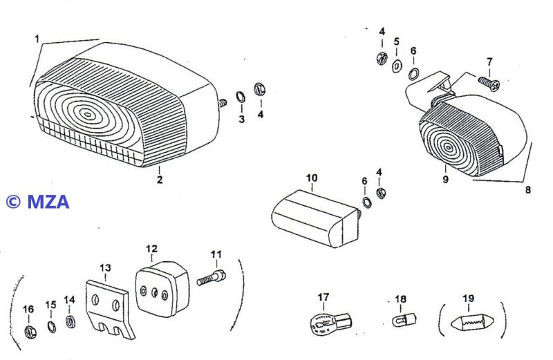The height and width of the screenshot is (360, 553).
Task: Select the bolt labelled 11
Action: pos(211,279)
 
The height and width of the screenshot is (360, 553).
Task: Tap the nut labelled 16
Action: pos(28,331)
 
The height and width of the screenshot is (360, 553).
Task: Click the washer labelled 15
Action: pos(50,326)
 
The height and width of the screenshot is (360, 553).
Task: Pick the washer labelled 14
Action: pos(70,322)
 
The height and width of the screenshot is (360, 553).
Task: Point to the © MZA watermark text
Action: pos(38,202)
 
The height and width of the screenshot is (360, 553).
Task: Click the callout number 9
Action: pos(446,180)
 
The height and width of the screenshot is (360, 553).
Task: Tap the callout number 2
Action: pos(160,180)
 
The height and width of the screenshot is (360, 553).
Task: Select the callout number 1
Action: pos(37,39)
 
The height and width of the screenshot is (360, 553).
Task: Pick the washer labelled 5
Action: pos(397,67)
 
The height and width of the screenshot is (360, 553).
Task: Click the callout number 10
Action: pos(312,178)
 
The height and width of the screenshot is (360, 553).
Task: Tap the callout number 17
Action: pos(324,298)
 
